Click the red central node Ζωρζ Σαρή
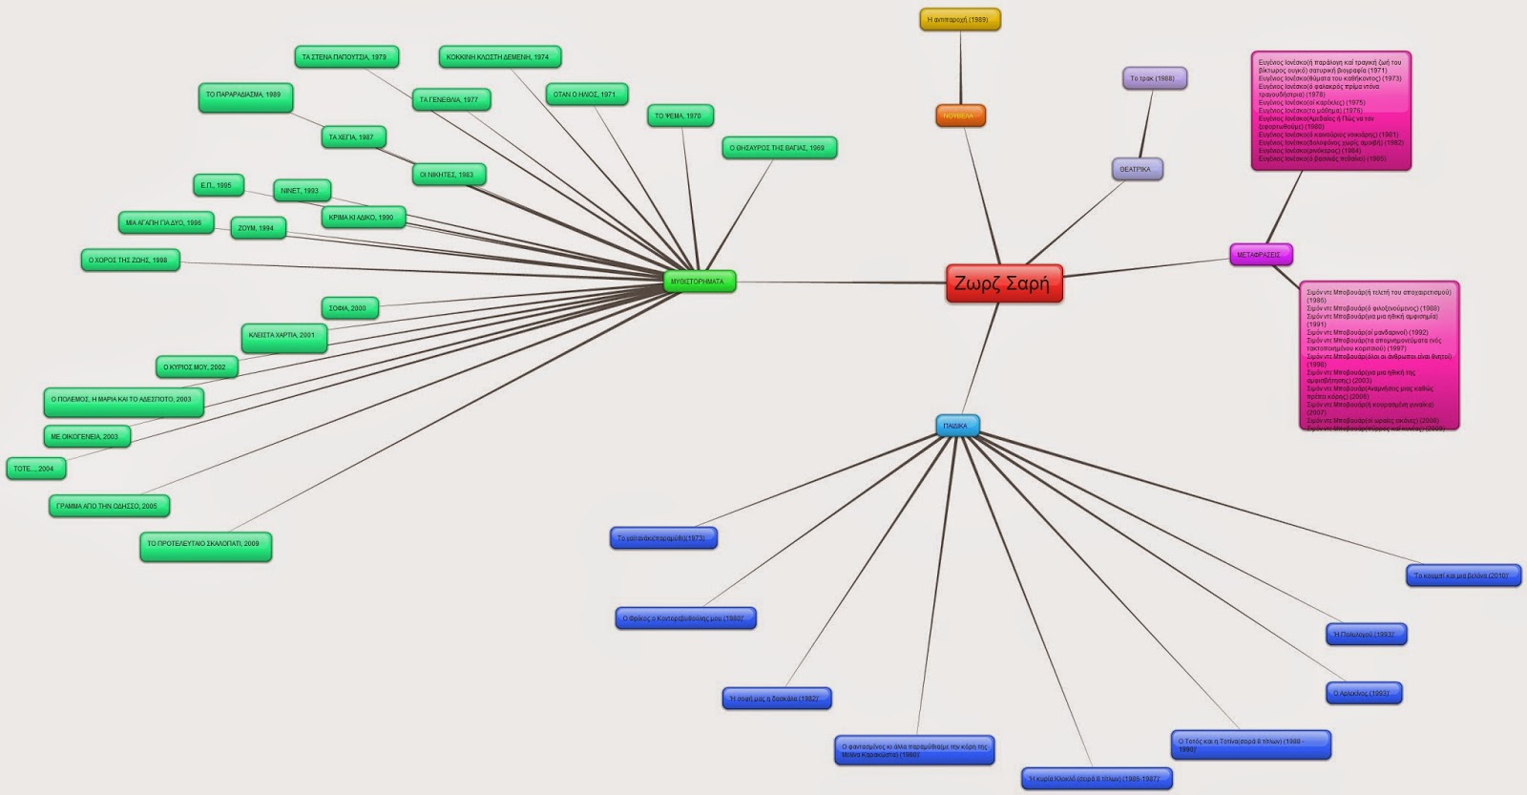tap(1003, 283)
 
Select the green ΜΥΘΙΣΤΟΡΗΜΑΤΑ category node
tap(699, 282)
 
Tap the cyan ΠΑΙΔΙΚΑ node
tap(956, 426)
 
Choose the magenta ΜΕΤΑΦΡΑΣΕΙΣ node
tap(1260, 255)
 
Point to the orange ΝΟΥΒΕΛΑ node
tap(959, 115)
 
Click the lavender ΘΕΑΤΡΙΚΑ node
tap(1136, 169)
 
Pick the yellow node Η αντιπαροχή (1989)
tap(959, 20)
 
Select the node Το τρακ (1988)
tap(1153, 78)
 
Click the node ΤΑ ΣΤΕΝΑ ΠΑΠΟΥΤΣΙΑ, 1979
tap(345, 57)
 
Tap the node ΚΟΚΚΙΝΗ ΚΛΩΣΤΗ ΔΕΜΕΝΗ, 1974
tap(498, 57)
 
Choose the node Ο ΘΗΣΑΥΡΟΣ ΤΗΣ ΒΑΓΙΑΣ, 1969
tap(778, 148)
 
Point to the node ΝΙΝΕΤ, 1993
tap(301, 191)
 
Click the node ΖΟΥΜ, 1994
tap(257, 228)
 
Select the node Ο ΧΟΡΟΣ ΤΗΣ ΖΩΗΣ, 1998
tap(129, 260)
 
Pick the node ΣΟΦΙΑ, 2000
tap(348, 308)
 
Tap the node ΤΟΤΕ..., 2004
tap(34, 469)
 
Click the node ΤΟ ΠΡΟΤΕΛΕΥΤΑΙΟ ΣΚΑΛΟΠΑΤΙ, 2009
tap(204, 544)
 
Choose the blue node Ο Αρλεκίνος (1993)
tap(1362, 693)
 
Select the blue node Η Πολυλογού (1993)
tap(1365, 634)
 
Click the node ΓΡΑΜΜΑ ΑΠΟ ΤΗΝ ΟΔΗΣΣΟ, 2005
tap(108, 506)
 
